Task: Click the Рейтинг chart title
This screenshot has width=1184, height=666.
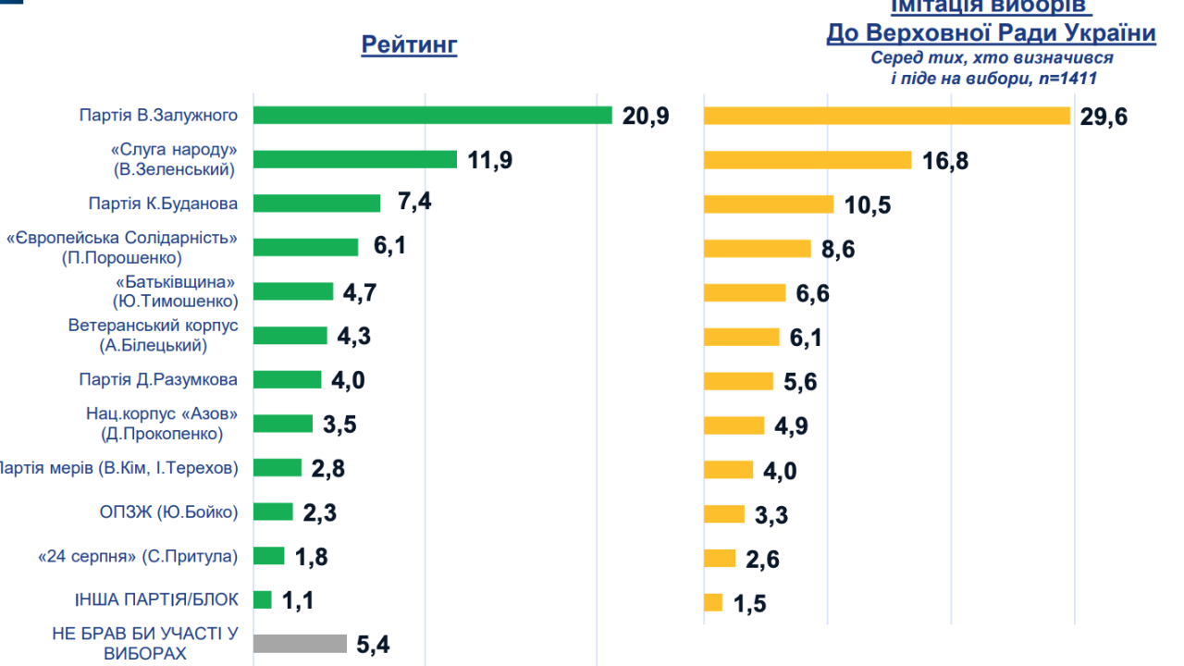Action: pos(409,44)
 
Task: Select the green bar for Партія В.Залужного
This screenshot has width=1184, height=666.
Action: pos(432,115)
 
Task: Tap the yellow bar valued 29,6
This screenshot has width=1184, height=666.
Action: pos(887,116)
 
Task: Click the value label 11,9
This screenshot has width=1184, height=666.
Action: pos(489,160)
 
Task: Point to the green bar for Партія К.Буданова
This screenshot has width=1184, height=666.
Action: pos(316,203)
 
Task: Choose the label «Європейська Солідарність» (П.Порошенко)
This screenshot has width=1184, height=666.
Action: pos(122,248)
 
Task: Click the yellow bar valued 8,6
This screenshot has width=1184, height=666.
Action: pos(758,249)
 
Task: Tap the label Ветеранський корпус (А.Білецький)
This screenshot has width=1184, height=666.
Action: pos(154,336)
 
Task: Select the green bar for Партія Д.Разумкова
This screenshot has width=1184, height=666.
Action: pos(287,380)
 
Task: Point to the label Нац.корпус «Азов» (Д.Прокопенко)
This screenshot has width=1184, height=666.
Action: pos(162,424)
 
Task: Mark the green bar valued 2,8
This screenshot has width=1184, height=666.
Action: pos(277,468)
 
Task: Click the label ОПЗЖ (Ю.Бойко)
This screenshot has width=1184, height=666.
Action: pos(168,512)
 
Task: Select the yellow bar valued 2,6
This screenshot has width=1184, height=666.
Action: pos(720,559)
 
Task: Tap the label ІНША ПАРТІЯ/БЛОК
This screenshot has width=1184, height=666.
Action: pos(156,600)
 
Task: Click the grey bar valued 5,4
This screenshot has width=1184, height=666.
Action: pos(300,644)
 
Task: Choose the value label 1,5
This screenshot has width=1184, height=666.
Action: pos(750,604)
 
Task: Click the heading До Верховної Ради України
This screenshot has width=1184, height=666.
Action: pos(991,34)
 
